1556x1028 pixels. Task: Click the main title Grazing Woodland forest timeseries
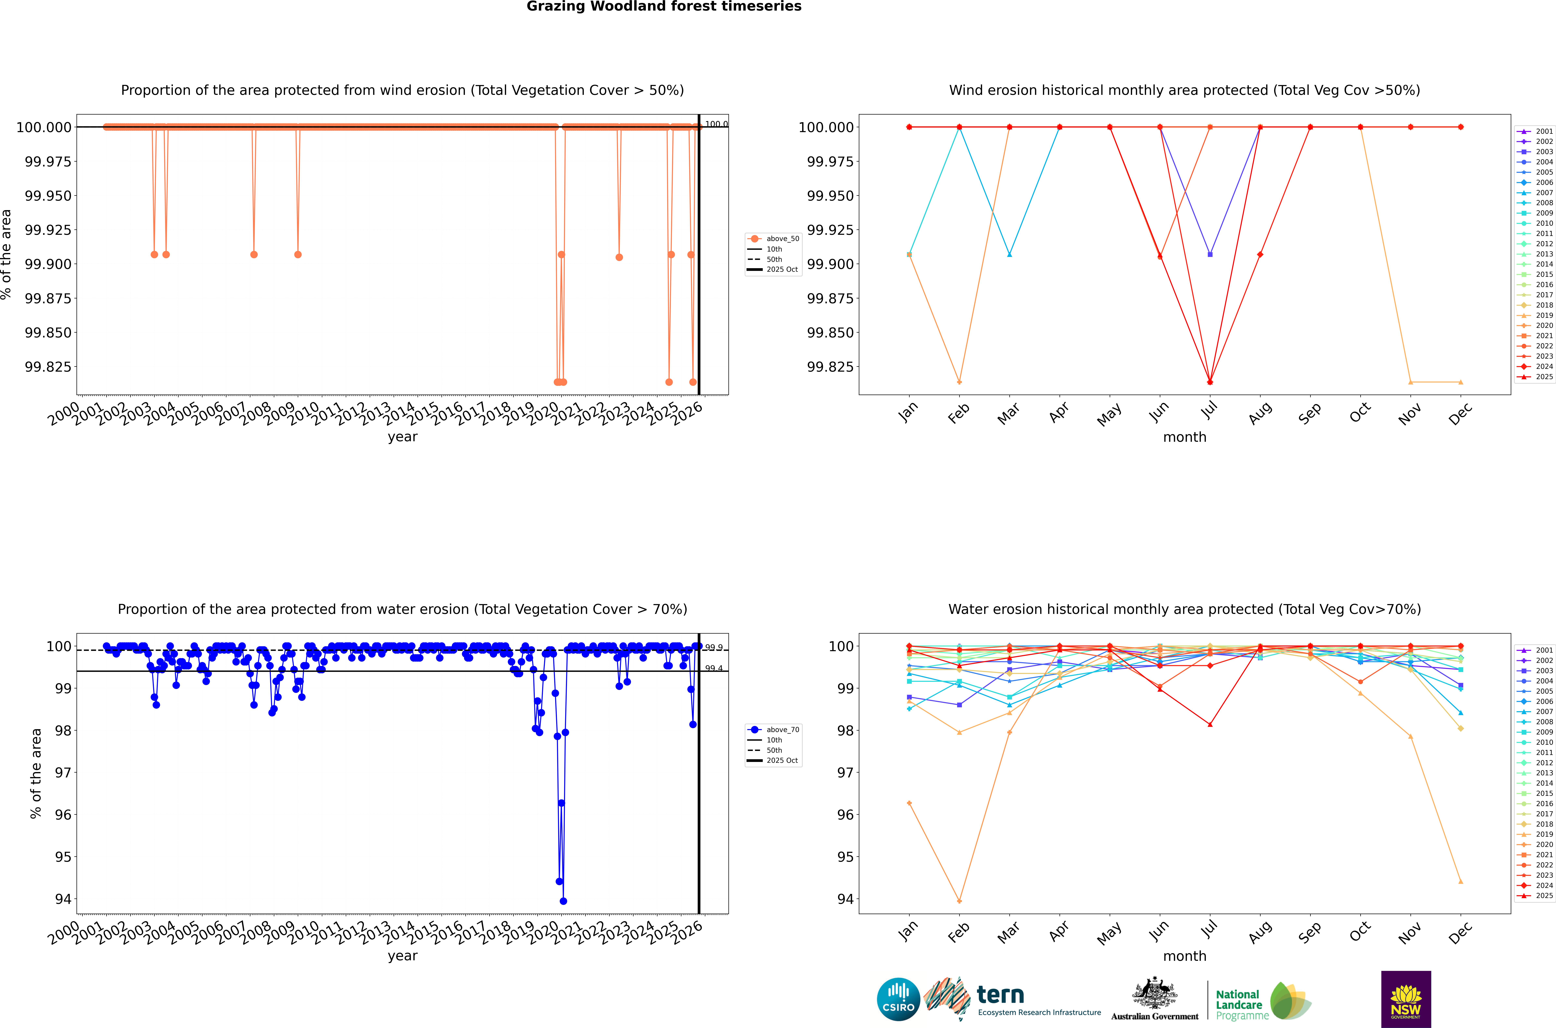click(664, 7)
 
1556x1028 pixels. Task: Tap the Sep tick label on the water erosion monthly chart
click(1309, 932)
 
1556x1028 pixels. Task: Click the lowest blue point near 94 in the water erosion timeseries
click(563, 901)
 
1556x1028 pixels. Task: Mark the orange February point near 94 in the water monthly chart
click(959, 901)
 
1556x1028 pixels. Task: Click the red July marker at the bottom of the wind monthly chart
click(1210, 382)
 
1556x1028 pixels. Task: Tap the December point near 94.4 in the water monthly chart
click(1460, 881)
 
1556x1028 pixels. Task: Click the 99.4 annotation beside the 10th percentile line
click(713, 669)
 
